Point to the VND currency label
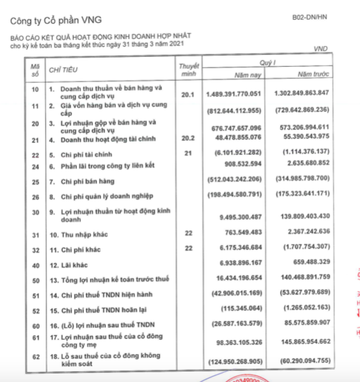point(321,49)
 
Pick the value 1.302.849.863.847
point(310,93)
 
